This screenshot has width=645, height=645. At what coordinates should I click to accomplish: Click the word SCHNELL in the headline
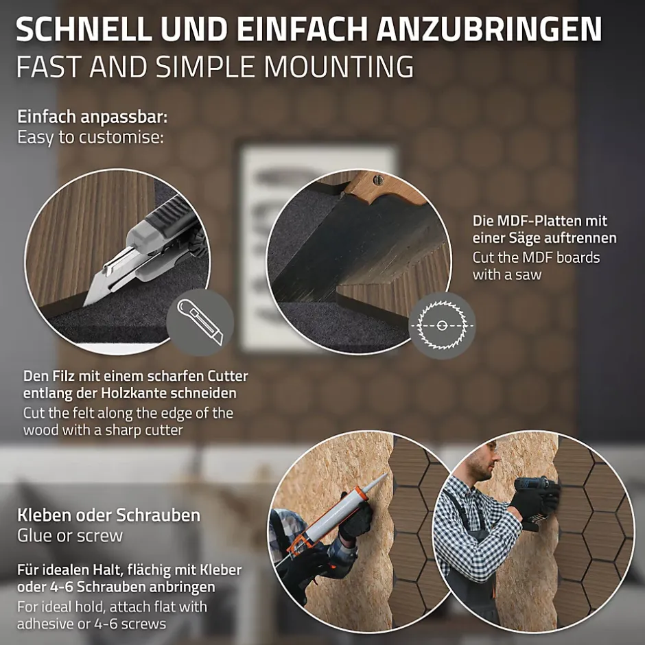[84, 30]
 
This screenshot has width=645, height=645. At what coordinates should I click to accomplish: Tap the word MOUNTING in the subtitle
[339, 67]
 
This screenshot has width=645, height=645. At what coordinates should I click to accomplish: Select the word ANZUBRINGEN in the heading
[489, 30]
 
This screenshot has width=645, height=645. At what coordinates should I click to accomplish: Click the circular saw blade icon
[442, 325]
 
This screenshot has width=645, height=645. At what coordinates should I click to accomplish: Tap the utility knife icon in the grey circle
[200, 322]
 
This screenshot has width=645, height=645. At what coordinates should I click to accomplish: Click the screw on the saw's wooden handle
[378, 179]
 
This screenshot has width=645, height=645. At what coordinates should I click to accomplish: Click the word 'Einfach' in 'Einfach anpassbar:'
[47, 117]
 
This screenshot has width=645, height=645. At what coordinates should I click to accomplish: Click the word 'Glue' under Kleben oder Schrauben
[32, 536]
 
